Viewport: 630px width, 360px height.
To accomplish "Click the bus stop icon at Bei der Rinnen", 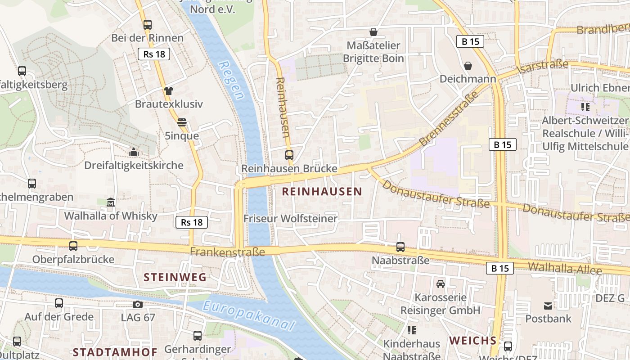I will click(148, 25).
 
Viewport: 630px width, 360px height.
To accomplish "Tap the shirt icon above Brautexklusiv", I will click(169, 91).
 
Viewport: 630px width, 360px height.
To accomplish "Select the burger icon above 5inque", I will click(182, 122).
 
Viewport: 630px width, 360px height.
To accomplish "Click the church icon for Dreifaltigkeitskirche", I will click(133, 153).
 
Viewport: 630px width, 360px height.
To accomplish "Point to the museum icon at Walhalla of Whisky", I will click(111, 202).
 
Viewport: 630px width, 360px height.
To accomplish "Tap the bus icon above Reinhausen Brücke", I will click(289, 155).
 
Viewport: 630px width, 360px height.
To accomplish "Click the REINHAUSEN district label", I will click(322, 192).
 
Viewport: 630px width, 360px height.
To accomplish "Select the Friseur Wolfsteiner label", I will click(290, 219).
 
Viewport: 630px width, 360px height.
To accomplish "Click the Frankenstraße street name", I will click(227, 252).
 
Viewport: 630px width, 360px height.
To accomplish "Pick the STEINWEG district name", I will click(175, 277).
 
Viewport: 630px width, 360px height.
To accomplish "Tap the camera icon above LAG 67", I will click(138, 305).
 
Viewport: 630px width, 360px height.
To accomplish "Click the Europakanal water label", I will click(249, 316).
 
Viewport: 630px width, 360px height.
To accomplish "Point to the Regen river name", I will click(231, 80).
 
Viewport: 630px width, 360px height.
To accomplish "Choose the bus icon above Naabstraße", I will click(400, 247).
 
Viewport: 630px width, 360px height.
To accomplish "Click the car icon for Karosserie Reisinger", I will click(440, 284).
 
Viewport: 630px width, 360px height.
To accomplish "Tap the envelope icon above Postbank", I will click(548, 306).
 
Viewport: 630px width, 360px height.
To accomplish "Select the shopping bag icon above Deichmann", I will click(468, 66).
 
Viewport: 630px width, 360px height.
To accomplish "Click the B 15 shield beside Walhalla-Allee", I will click(500, 269).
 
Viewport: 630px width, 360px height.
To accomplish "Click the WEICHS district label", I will click(472, 340).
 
